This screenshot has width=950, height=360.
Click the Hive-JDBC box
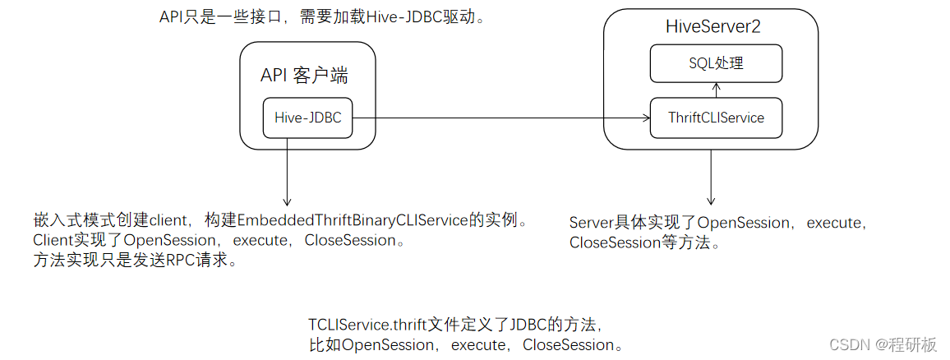[x=307, y=118]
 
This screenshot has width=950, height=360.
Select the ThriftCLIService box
[x=716, y=118]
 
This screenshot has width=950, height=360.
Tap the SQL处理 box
[x=716, y=63]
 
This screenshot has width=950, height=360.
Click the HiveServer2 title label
[x=712, y=26]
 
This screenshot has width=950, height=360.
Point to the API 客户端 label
[x=304, y=76]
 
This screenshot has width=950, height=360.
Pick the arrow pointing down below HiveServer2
[x=711, y=178]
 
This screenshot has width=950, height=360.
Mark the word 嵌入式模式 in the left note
[x=71, y=222]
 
